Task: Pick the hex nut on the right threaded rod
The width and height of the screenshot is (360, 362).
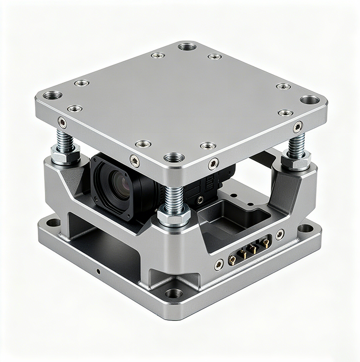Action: (296, 160)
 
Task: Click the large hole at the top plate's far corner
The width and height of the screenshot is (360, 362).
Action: (187, 46)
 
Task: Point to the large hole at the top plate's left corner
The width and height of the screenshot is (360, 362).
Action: (52, 95)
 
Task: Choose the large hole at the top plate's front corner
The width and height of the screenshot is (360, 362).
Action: (174, 157)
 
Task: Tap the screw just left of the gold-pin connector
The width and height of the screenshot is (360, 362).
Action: (219, 264)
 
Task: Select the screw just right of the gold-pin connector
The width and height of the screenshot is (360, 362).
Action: (280, 234)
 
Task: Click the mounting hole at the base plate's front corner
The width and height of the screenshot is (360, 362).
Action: (174, 293)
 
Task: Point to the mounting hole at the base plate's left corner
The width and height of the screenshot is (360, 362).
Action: (52, 223)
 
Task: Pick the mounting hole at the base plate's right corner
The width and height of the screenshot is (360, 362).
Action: (305, 228)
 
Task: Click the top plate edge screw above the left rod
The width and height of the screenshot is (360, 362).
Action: (62, 122)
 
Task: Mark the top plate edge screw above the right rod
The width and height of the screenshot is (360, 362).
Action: (298, 126)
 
